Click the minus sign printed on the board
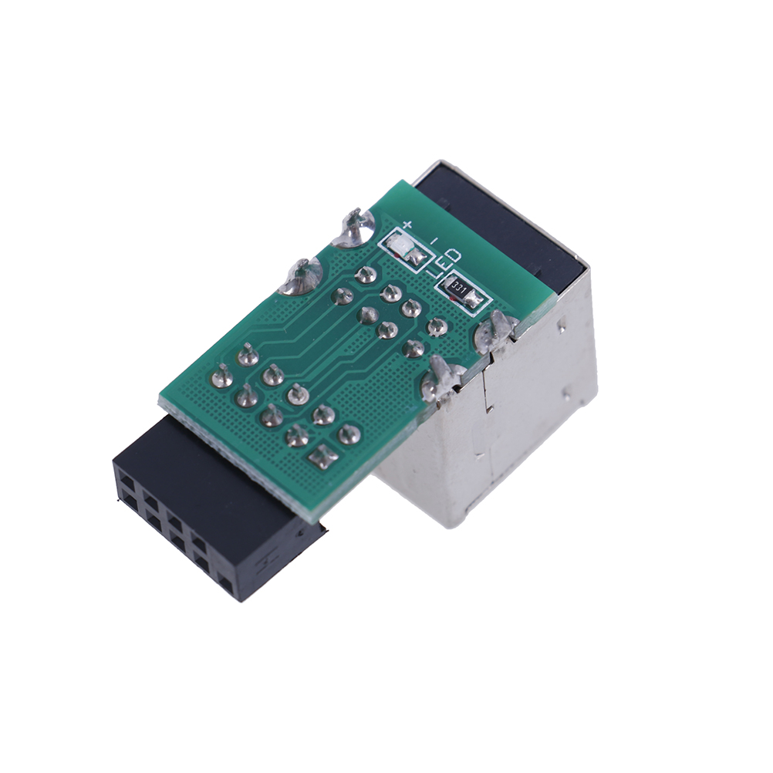434,241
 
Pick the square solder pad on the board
323,456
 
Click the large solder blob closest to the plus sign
353,228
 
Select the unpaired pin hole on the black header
226,583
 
